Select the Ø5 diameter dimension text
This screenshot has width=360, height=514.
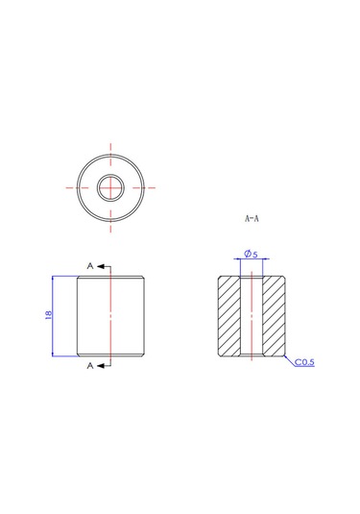coord(251,254)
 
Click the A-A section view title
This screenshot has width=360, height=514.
coord(252,218)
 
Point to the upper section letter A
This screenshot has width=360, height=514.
coord(90,265)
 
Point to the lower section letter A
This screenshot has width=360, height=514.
coord(90,366)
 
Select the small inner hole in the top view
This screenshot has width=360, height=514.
coord(111,185)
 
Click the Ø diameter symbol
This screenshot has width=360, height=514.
coord(247,254)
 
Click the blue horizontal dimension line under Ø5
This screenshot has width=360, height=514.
coord(252,259)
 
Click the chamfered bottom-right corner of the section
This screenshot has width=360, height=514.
coord(285,356)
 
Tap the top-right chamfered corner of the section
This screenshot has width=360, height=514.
coord(285,277)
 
